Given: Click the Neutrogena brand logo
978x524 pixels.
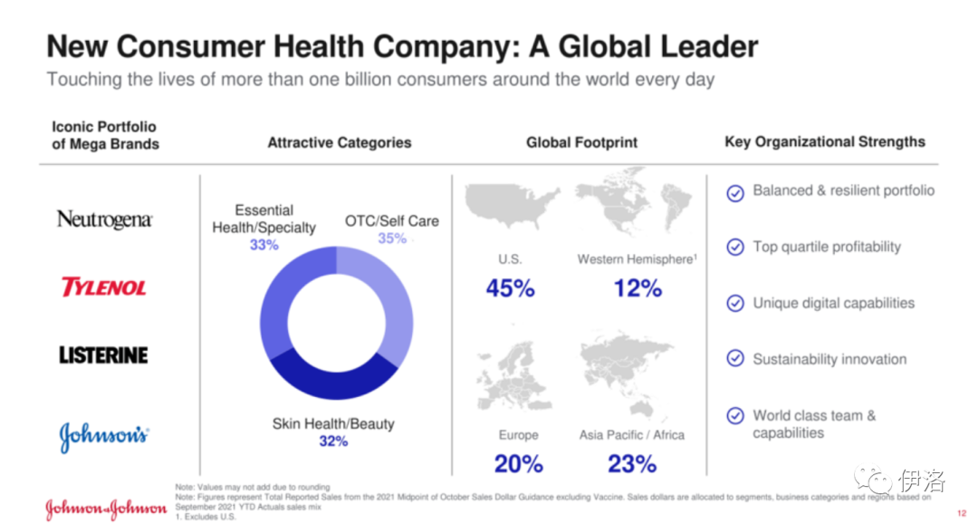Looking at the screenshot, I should (104, 219).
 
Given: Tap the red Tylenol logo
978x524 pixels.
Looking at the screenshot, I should (103, 287).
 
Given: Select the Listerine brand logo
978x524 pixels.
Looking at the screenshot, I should (103, 355).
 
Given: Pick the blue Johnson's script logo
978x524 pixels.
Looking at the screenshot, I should (103, 437).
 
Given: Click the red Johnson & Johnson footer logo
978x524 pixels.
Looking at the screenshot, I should (106, 509).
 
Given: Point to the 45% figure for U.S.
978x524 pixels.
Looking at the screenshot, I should (510, 288).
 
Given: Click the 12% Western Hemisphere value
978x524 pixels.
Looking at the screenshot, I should (638, 288).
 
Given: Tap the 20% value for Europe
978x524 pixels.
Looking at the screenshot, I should (518, 463).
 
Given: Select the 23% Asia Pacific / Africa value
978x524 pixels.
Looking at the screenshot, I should (632, 463).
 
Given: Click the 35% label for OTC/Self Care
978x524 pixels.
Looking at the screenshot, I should (392, 238).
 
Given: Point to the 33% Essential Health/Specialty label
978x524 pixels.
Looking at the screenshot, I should (264, 245).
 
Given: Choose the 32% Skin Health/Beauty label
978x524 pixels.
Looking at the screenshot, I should (333, 442).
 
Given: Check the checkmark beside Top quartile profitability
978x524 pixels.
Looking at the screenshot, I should (735, 247).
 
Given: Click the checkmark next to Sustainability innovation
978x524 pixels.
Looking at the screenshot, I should (735, 359).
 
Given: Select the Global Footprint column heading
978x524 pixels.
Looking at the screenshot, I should (581, 142).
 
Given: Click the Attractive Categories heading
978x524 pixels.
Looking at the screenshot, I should (339, 142).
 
